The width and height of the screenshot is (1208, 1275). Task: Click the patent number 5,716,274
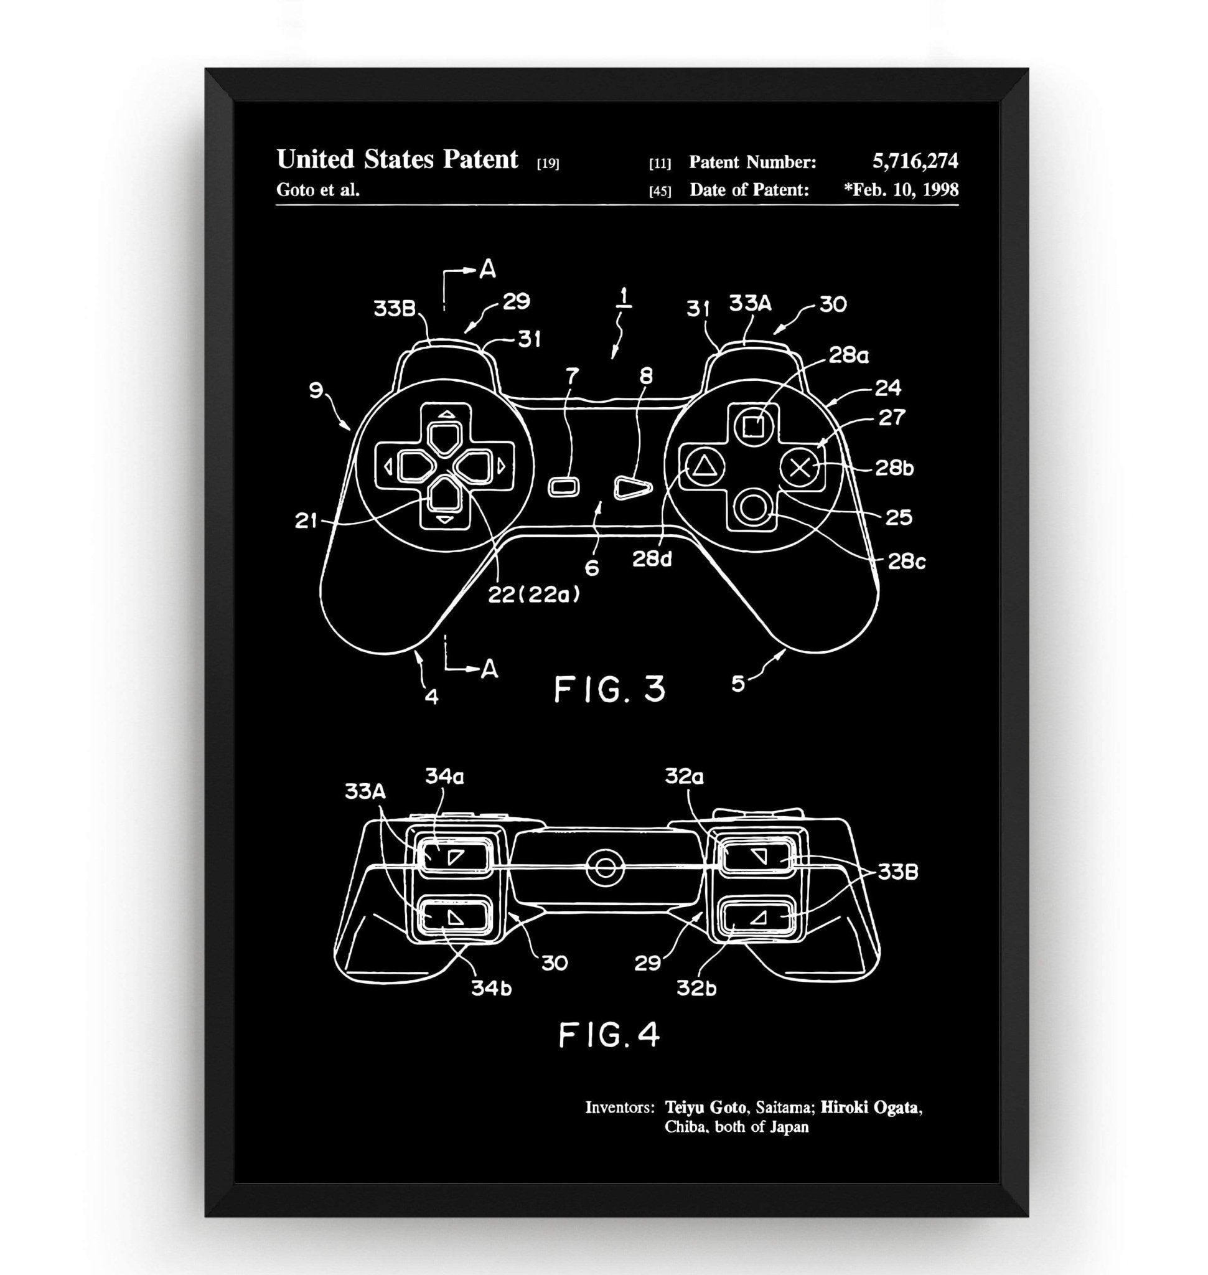click(914, 161)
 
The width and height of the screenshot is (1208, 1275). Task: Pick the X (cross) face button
click(800, 466)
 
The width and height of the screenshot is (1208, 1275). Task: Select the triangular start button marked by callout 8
click(632, 487)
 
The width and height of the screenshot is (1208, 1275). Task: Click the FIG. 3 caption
click(609, 689)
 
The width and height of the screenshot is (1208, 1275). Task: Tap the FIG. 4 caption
click(609, 1035)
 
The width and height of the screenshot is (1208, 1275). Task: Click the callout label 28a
click(848, 355)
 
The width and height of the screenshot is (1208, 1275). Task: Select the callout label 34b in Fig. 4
click(491, 987)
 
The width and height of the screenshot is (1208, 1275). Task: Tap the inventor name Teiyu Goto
click(706, 1108)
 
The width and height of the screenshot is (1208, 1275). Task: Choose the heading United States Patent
click(396, 160)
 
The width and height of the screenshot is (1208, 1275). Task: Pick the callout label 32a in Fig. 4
click(685, 777)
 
